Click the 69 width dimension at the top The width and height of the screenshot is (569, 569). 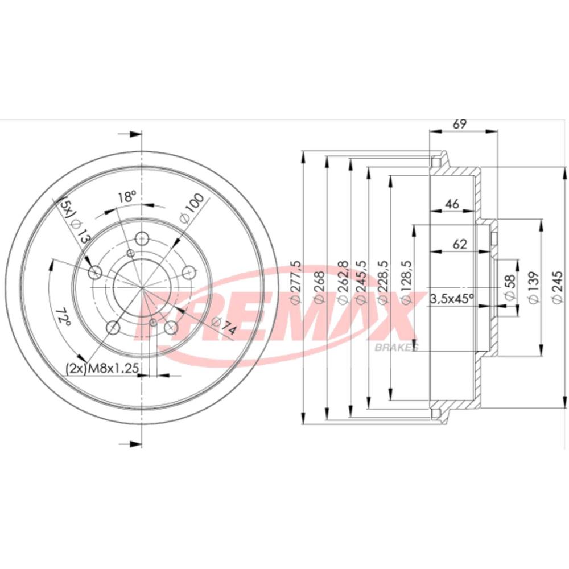click(x=459, y=124)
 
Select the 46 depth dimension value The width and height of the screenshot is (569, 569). click(x=452, y=204)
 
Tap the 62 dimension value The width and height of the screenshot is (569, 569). click(x=460, y=244)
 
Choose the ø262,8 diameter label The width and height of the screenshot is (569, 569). click(x=343, y=282)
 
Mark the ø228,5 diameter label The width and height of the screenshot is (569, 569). click(x=383, y=282)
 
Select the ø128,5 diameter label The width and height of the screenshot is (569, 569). click(x=405, y=282)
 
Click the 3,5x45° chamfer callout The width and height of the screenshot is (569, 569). click(x=452, y=299)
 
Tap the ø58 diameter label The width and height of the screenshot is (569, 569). click(x=510, y=287)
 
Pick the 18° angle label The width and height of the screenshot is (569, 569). click(x=127, y=197)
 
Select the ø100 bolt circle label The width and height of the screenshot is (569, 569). click(x=192, y=209)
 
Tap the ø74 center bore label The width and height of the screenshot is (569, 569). click(x=224, y=326)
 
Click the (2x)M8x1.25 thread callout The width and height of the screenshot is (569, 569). click(x=102, y=368)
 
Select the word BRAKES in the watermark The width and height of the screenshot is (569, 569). click(x=396, y=347)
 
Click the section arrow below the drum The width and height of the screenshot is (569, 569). click(x=130, y=444)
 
